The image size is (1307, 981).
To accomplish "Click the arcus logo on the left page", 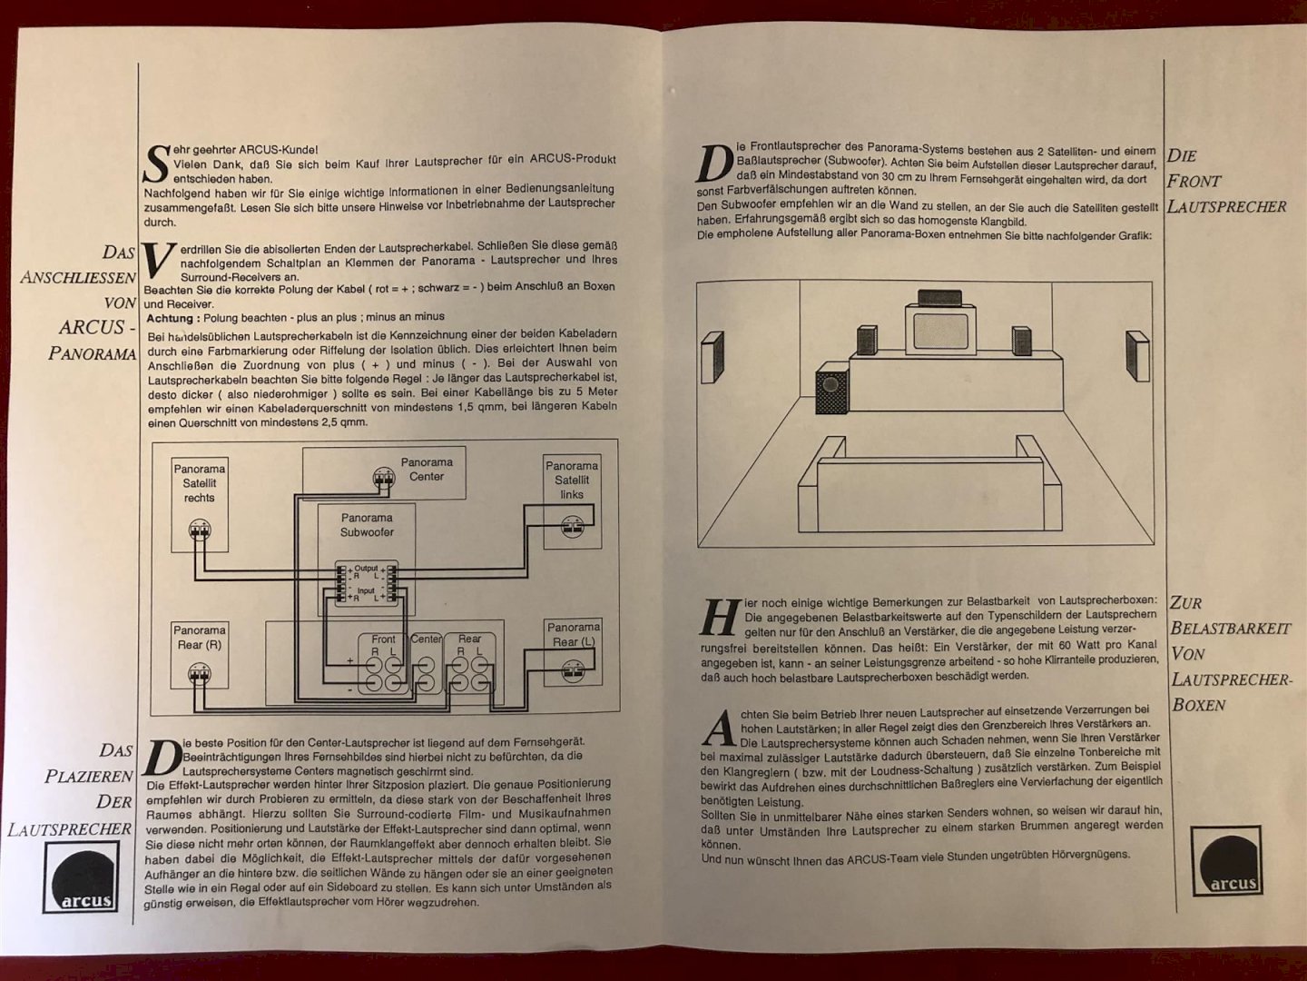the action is point(81,877).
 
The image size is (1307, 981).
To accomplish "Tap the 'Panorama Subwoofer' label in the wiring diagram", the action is point(367,525).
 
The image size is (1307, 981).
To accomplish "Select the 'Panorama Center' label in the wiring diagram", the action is point(427,470).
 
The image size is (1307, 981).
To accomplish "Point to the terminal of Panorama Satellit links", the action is point(573,525).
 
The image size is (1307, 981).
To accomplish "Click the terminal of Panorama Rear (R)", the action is point(199,674).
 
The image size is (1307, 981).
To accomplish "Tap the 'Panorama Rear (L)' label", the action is point(574,634).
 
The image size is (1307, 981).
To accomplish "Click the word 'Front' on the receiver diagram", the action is point(383,639).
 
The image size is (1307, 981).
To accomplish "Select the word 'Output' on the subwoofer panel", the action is point(366,569).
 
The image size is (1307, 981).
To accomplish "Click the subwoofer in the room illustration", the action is point(832,389).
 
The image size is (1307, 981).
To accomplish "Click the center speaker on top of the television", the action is point(940,298).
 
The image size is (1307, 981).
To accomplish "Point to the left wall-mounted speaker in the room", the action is point(712,357).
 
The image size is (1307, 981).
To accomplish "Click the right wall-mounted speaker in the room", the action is point(1137,355).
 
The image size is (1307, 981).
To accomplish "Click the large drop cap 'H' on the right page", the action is point(721,618).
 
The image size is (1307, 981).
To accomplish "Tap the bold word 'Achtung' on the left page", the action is point(170,318).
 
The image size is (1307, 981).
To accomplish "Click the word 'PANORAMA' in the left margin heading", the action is point(93,354).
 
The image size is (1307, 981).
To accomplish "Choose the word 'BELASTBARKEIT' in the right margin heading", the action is point(1230,629).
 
